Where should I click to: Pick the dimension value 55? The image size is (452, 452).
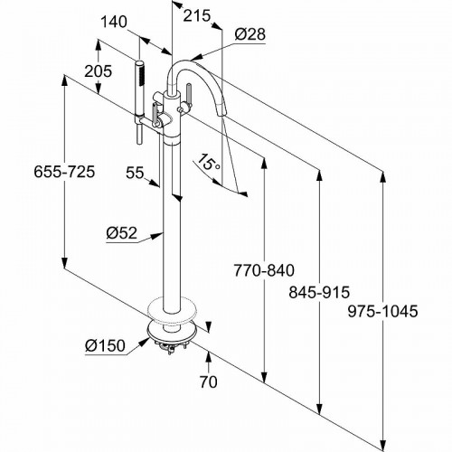(x=137, y=172)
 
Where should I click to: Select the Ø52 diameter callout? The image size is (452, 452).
(x=121, y=233)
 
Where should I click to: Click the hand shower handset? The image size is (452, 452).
(x=140, y=95)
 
